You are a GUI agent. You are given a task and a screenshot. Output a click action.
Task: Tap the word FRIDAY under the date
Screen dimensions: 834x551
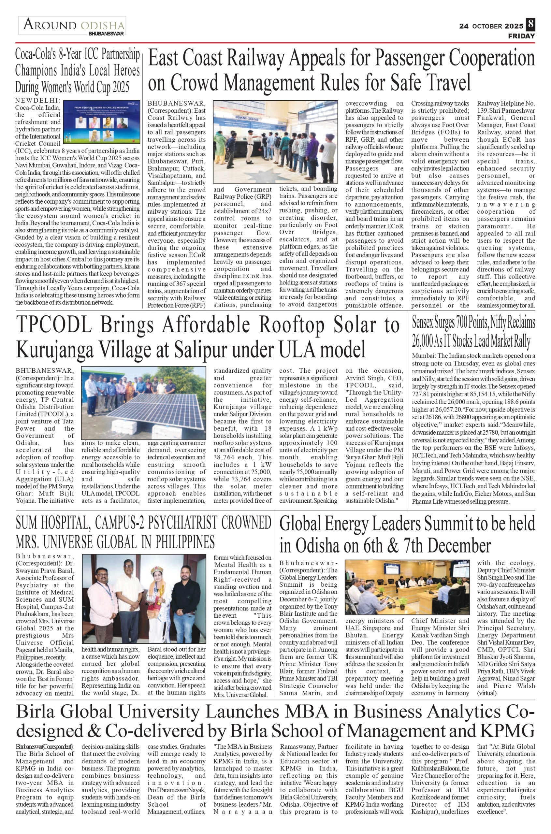521,36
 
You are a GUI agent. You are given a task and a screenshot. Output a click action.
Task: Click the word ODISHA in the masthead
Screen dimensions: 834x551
102,26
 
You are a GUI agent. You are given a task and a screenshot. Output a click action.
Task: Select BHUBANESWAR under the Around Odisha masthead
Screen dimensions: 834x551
106,34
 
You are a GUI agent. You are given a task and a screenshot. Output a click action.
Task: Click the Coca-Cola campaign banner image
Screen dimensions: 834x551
102,122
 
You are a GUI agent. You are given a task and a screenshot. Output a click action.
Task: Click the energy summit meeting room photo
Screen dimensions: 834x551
407,587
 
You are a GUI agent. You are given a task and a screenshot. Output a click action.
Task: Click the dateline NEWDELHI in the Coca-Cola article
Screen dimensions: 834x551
38,100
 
